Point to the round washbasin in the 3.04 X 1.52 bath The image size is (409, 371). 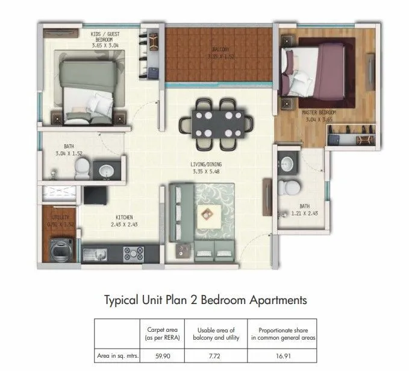(106, 170)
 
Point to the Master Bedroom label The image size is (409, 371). (319, 113)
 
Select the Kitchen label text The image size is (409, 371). (122, 217)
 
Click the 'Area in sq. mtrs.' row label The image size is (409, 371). (117, 356)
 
